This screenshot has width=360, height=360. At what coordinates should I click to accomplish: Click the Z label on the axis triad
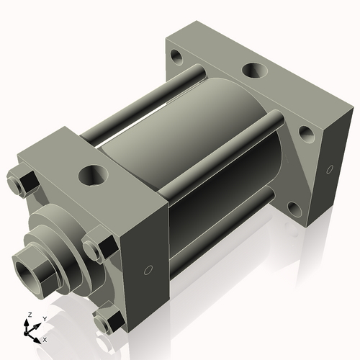click(x=29, y=315)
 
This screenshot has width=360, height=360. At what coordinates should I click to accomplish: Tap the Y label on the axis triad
click(x=44, y=318)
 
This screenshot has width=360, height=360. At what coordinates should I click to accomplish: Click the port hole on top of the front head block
click(x=92, y=174)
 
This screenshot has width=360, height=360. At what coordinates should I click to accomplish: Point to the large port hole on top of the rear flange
click(x=253, y=71)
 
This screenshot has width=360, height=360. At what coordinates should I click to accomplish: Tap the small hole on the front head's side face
click(x=148, y=271)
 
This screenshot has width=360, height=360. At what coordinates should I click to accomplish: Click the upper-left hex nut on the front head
click(x=25, y=182)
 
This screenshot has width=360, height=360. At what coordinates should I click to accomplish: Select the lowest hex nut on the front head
click(x=108, y=320)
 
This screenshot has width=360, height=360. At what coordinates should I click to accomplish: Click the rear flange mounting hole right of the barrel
click(x=305, y=133)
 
